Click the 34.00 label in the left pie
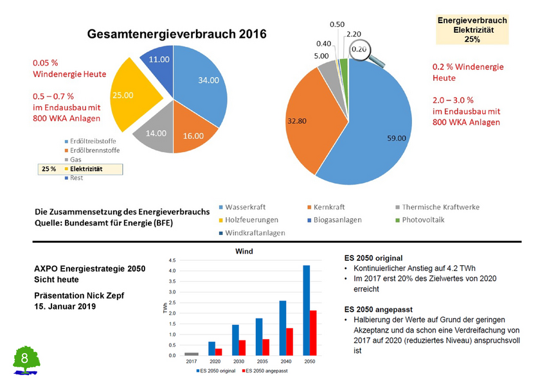pyautogui.click(x=208, y=80)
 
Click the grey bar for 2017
pyautogui.click(x=192, y=354)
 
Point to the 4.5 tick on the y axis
pyautogui.click(x=172, y=260)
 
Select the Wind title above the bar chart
pyautogui.click(x=244, y=250)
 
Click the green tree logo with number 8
pyautogui.click(x=26, y=360)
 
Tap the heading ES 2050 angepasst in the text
pyautogui.click(x=378, y=309)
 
